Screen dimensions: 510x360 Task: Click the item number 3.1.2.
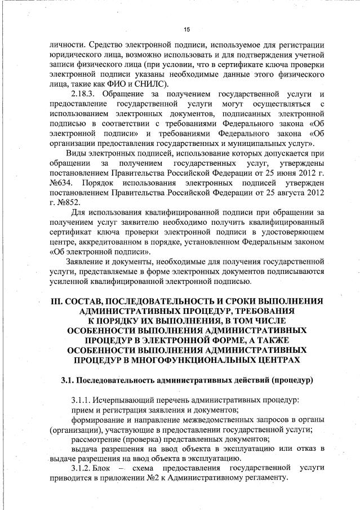tap(83, 468)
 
